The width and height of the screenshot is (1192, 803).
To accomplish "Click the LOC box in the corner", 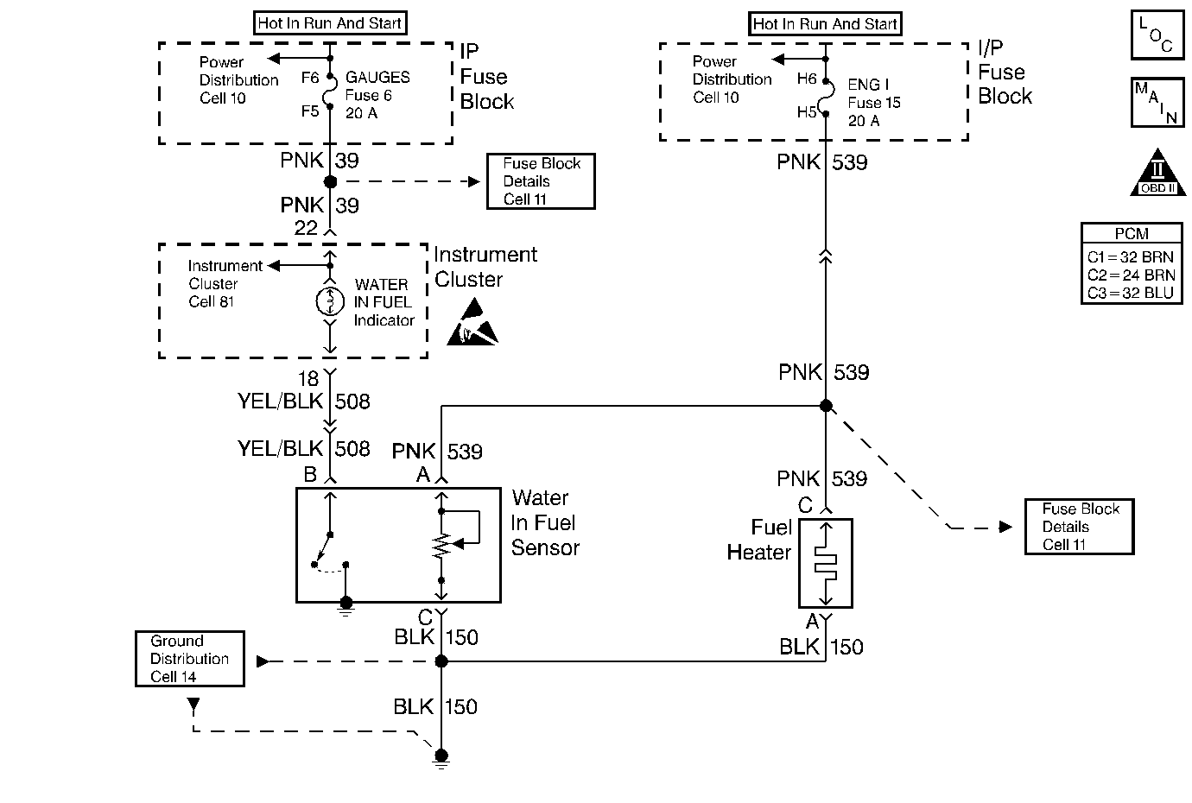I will click(1157, 35).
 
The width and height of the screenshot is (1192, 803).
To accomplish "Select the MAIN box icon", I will click(1157, 103).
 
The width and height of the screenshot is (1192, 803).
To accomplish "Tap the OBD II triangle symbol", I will click(1157, 175).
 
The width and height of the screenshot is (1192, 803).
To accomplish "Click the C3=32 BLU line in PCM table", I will click(1131, 294).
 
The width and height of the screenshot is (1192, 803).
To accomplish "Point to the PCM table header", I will click(1132, 233).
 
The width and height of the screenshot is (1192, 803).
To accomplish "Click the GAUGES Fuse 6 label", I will click(377, 95).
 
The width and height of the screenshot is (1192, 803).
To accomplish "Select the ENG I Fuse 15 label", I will click(873, 103).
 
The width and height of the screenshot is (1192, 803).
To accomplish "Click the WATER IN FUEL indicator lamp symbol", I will click(330, 301).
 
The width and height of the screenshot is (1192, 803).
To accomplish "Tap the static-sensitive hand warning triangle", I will click(472, 323).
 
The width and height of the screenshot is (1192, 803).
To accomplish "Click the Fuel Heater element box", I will click(826, 563).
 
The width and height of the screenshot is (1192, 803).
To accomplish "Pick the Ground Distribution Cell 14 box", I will click(190, 659).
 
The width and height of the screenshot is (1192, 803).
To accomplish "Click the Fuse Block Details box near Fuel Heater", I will click(1079, 527).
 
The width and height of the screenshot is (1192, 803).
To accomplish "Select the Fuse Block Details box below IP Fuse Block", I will click(542, 181).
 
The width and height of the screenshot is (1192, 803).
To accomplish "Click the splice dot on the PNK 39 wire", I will click(330, 181).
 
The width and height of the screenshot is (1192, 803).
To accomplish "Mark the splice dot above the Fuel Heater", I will click(826, 406).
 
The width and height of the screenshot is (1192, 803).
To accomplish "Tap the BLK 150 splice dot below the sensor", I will click(441, 661).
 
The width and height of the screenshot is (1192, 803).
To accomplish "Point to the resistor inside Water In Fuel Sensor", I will click(441, 545).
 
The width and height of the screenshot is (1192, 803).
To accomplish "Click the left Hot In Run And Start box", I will click(330, 23).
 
